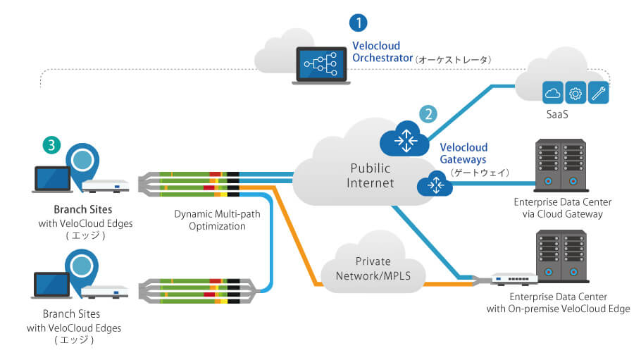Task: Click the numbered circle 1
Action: click(360, 23)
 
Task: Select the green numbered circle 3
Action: click(51, 144)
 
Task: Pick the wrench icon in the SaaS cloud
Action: click(598, 92)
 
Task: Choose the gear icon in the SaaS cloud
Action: click(575, 92)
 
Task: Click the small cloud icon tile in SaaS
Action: click(553, 92)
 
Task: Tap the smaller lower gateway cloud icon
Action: click(435, 185)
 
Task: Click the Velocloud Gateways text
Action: click(463, 154)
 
